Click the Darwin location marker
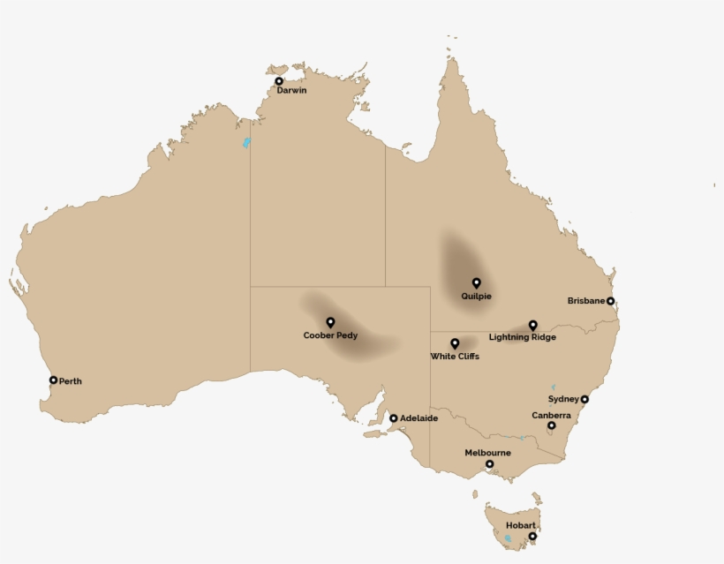point(279,81)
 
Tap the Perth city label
point(71,381)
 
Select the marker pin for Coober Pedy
point(330,323)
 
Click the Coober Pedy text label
point(330,335)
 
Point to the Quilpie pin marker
point(476,283)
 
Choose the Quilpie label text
point(476,297)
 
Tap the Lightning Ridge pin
point(532,325)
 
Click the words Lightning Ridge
point(523,337)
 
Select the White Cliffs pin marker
point(455,343)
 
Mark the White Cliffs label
point(455,357)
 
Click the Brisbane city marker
point(610,301)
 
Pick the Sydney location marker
point(584,399)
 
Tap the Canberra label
point(551,415)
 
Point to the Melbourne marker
point(489,463)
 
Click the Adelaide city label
point(419,418)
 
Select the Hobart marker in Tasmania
point(532,536)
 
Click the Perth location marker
point(53,380)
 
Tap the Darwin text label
point(291,91)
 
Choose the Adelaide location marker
point(393,418)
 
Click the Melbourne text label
point(488,453)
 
